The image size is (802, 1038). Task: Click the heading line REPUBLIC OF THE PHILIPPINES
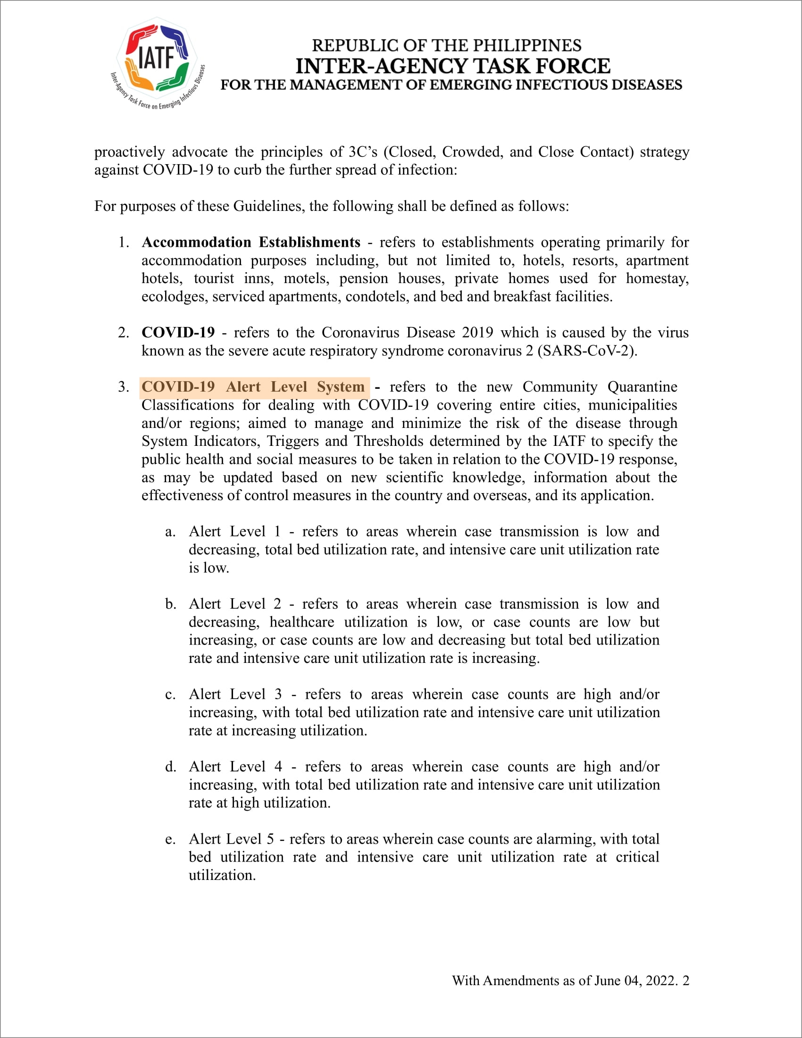point(447,46)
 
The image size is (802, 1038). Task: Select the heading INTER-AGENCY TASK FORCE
point(453,66)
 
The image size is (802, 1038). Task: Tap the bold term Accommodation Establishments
point(251,243)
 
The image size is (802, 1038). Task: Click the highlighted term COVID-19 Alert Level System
point(253,387)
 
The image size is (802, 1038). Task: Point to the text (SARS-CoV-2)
point(587,351)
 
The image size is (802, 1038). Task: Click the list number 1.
point(123,243)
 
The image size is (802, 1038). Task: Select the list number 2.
point(123,333)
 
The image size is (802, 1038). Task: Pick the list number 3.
point(123,387)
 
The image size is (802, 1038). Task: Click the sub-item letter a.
point(170,532)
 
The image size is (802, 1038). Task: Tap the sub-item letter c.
point(170,695)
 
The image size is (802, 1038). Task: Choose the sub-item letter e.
point(170,839)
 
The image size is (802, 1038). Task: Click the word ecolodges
point(175,297)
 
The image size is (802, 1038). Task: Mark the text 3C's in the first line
point(362,152)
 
